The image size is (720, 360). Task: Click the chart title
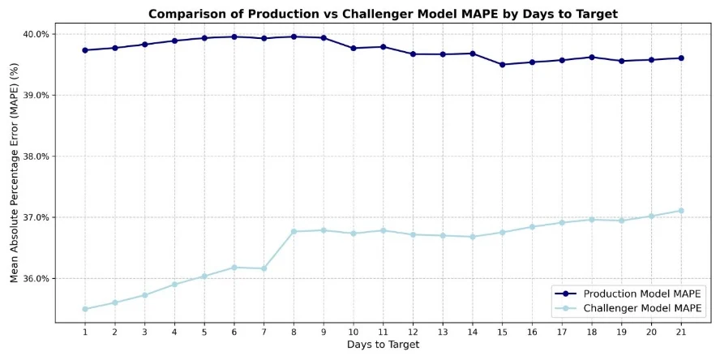click(383, 14)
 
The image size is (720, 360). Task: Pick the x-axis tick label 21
click(681, 331)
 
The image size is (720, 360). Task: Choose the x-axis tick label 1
click(85, 331)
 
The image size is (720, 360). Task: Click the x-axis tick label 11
click(383, 331)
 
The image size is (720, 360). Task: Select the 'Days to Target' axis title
click(383, 345)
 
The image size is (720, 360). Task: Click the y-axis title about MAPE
click(14, 174)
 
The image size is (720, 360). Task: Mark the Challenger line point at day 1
click(85, 309)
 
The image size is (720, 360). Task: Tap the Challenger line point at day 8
click(294, 232)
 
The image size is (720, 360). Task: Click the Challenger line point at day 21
click(681, 211)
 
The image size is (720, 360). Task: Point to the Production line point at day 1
click(85, 50)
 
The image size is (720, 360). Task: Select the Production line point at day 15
click(502, 65)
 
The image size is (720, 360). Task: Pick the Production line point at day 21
click(681, 58)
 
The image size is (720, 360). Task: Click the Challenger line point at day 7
click(264, 268)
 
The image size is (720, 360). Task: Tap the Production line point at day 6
click(234, 36)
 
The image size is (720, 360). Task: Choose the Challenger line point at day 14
click(473, 237)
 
